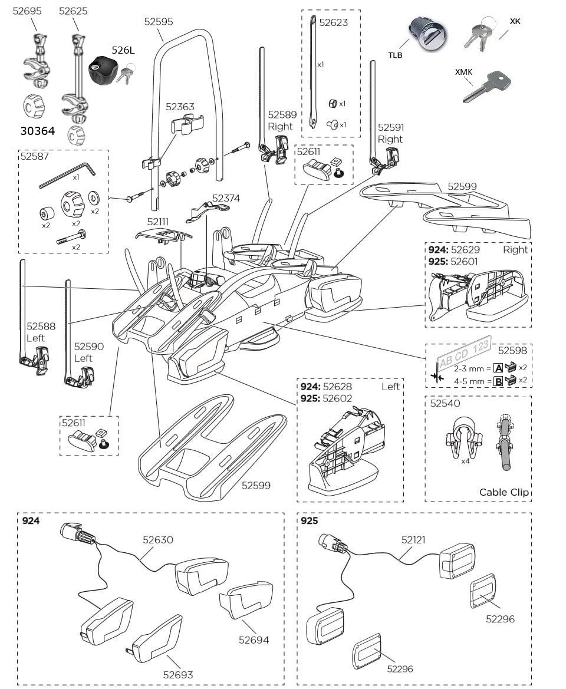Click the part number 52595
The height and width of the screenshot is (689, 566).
(x=159, y=21)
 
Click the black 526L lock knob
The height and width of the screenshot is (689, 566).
(x=103, y=70)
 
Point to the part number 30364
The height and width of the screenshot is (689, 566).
(x=37, y=131)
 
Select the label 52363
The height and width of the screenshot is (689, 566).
(x=180, y=107)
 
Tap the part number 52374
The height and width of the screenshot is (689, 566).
(x=226, y=199)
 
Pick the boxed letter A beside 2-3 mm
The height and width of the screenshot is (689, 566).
(x=498, y=368)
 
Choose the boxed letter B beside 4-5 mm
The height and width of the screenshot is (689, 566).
(x=498, y=381)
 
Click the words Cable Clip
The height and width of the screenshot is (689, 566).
(x=504, y=492)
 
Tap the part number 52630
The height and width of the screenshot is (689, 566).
(x=157, y=539)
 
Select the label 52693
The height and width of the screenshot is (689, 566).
(x=178, y=675)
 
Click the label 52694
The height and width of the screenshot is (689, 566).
(x=254, y=639)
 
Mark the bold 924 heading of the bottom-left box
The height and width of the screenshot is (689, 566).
(x=30, y=521)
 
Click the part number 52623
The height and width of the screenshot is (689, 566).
(x=334, y=23)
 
